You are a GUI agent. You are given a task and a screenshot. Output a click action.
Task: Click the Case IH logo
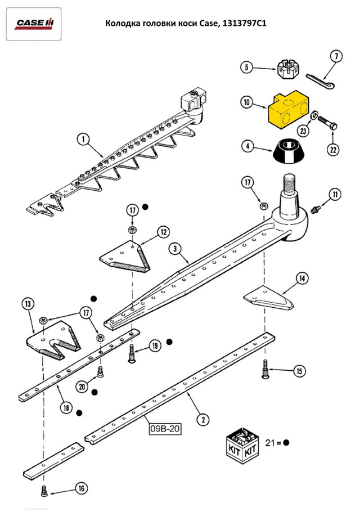point(34,23)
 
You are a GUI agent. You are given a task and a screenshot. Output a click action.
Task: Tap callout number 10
point(246,103)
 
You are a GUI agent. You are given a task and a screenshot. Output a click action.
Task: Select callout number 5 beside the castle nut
point(246,68)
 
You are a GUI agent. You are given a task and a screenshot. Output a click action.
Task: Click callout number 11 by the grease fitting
point(335,195)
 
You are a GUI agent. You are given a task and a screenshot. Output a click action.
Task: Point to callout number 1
point(83,138)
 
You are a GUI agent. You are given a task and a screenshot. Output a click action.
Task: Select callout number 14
point(302,277)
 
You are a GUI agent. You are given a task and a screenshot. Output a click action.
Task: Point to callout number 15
point(300,371)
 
